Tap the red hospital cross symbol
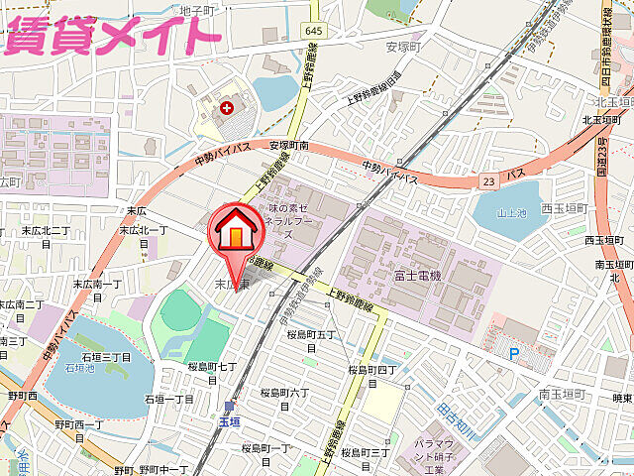pos(229,106)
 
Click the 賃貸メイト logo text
pos(111,33)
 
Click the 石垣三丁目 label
pos(106,356)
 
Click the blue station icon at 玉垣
pos(230,405)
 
